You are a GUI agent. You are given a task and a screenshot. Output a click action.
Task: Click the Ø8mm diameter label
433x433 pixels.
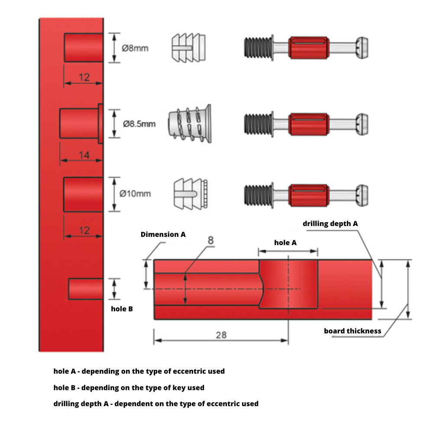click(135, 48)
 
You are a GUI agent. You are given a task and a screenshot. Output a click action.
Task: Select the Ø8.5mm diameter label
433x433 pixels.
click(139, 124)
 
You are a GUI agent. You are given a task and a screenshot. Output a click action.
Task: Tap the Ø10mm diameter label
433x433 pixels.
click(135, 194)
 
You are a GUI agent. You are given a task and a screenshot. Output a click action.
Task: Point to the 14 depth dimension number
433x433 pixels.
click(84, 155)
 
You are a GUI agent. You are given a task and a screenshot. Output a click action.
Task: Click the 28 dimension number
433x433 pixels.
click(221, 335)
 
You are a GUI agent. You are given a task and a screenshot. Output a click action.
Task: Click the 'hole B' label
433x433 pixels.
click(122, 309)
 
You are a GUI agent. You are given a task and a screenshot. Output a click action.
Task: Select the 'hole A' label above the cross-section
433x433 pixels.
click(285, 243)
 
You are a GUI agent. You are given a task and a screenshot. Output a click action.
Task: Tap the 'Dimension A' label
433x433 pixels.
click(163, 234)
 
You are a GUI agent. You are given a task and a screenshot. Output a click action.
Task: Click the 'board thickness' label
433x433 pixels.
click(352, 331)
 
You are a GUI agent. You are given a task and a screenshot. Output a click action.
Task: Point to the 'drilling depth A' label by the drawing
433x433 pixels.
click(330, 224)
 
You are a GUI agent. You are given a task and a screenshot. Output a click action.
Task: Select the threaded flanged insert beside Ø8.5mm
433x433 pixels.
click(190, 123)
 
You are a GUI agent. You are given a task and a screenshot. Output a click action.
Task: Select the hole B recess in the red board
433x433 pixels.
click(85, 289)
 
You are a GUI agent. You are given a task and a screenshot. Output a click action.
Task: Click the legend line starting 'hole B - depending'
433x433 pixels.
click(129, 388)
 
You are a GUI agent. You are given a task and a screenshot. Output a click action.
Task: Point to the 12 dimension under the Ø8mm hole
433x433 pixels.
click(84, 77)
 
